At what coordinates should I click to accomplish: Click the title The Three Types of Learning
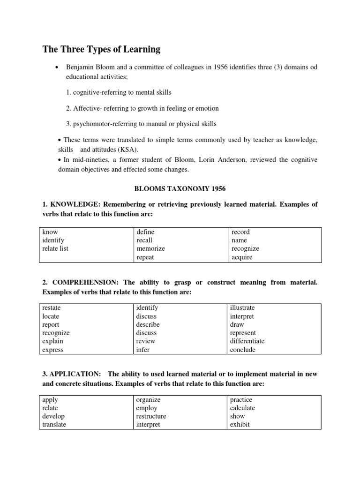tap(101, 49)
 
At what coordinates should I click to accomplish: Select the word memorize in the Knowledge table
tap(150, 248)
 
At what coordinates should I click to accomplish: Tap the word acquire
tap(241, 257)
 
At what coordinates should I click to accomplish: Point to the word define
tap(145, 232)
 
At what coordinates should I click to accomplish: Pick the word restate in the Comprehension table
tap(51, 307)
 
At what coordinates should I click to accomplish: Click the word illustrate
tap(242, 307)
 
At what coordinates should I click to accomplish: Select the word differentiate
tap(247, 341)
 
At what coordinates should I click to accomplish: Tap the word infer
tap(142, 350)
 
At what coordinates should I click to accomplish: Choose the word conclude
tap(243, 350)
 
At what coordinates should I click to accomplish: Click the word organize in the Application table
tap(148, 400)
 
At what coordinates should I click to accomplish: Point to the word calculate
tap(242, 408)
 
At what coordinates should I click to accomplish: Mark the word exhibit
tap(240, 425)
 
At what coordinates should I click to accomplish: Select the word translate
tap(54, 425)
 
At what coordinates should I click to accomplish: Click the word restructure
tap(151, 416)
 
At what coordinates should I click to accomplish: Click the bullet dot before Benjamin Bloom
tap(56, 67)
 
